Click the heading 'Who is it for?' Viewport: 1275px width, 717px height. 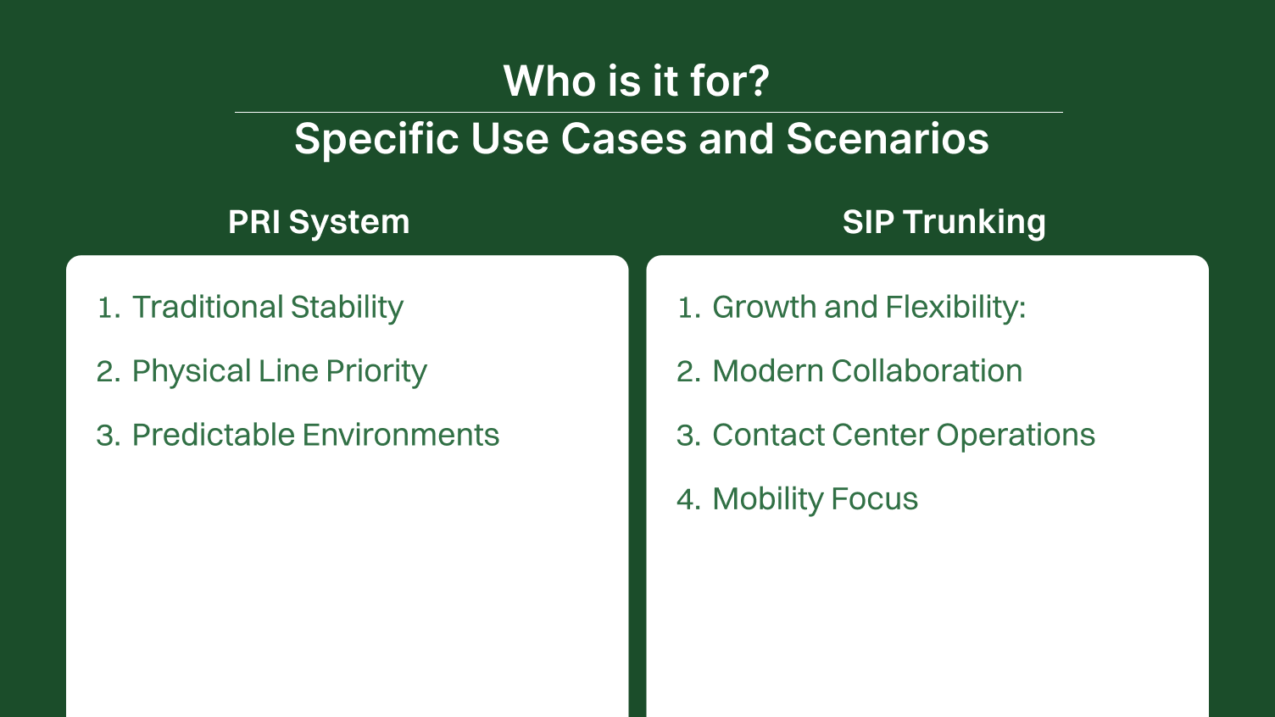coord(636,81)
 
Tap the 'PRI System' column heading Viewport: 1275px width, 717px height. coord(319,222)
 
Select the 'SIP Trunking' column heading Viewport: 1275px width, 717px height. coord(944,222)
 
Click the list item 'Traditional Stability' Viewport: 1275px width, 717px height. coord(267,307)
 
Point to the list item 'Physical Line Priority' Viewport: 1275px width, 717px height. coord(279,371)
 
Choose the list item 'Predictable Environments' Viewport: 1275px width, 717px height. coord(315,435)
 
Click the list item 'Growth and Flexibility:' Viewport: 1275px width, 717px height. coord(868,307)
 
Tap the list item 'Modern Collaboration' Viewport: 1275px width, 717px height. coord(866,371)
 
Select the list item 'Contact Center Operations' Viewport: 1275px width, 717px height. coord(903,435)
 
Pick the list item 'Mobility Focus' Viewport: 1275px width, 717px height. coord(814,499)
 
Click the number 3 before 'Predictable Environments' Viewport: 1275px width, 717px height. coord(106,436)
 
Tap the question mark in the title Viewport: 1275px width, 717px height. coord(758,81)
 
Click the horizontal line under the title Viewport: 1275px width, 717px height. coord(648,112)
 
